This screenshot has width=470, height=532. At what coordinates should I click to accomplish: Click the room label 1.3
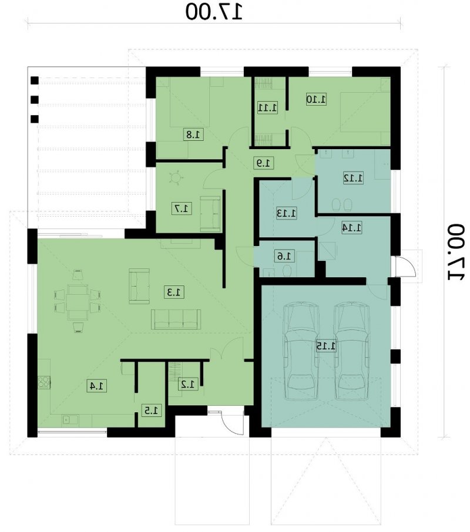[x=175, y=292]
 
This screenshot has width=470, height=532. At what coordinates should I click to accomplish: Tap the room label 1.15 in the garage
[x=326, y=346]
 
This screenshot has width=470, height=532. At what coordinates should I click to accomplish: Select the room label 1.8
[x=194, y=134]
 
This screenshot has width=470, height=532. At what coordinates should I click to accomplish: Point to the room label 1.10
[x=316, y=99]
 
